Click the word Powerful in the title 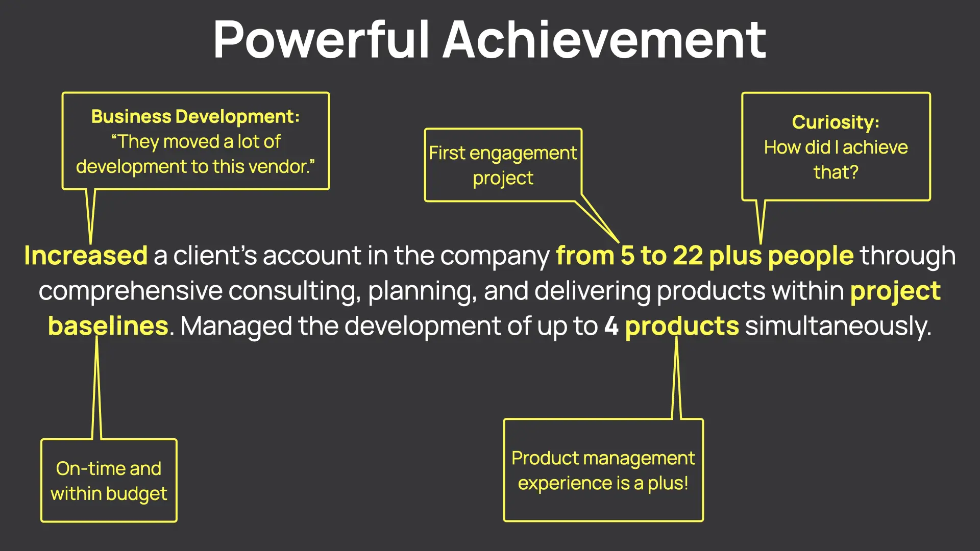click(322, 40)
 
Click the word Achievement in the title click(604, 40)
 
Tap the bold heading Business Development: click(195, 117)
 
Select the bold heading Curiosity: click(836, 122)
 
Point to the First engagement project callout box click(503, 165)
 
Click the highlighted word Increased click(86, 255)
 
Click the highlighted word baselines click(108, 326)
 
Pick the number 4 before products click(611, 326)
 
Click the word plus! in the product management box click(668, 483)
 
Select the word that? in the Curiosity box click(836, 172)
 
